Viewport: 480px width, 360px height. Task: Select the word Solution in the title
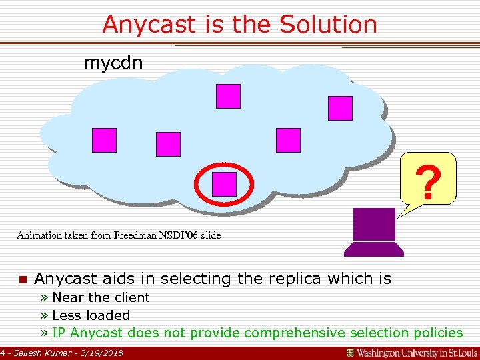[x=328, y=25]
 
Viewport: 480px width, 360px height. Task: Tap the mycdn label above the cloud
[x=113, y=63]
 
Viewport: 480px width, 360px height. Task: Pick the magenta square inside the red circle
[x=224, y=184]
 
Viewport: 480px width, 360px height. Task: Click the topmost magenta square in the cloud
[x=227, y=96]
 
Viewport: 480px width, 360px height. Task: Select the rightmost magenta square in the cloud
[x=340, y=108]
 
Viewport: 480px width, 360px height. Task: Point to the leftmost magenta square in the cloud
[x=104, y=140]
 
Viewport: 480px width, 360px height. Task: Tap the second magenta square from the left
[x=168, y=144]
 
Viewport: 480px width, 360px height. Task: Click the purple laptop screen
[x=374, y=224]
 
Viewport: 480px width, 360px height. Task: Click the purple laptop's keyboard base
[x=373, y=249]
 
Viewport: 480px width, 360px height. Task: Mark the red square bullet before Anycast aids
[x=22, y=279]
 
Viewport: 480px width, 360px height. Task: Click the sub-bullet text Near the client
[x=101, y=297]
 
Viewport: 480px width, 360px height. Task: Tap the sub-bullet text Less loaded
[x=91, y=315]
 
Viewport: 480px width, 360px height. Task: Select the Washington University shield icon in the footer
[x=350, y=352]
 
